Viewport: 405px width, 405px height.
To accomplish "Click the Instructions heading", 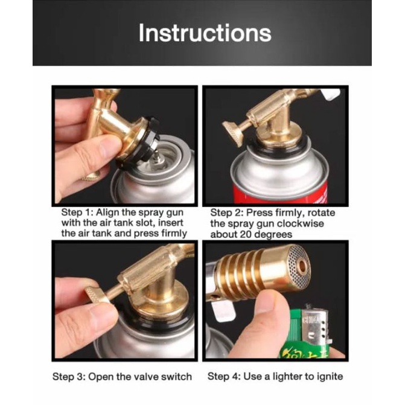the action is click(x=205, y=33).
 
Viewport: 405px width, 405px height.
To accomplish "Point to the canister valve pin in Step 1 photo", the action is click(x=156, y=158).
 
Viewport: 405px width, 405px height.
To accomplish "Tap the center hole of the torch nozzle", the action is click(x=301, y=267).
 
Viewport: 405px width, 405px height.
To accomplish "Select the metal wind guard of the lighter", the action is click(x=315, y=324).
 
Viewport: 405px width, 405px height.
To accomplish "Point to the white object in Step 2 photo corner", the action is click(x=331, y=95).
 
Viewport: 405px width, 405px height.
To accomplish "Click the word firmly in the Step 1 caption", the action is click(x=174, y=234).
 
